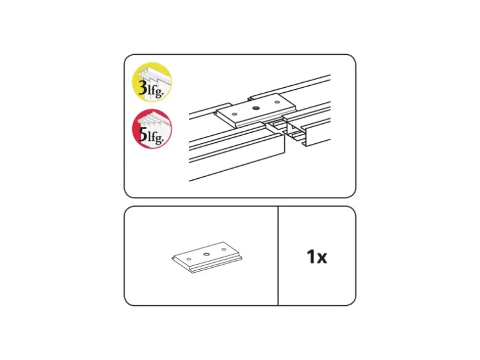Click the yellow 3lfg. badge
point(151,82)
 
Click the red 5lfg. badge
point(152,129)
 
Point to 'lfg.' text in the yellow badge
point(155,91)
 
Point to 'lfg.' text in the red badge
point(156,138)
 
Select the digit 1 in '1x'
point(311,257)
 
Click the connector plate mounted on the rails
point(256,110)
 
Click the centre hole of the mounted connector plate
point(256,108)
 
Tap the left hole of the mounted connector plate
point(234,115)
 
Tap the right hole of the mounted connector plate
point(277,102)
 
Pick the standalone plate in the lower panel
point(207,257)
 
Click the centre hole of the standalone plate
point(206,254)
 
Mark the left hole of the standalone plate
point(189,259)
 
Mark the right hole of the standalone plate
point(224,249)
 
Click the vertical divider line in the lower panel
point(278,256)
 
